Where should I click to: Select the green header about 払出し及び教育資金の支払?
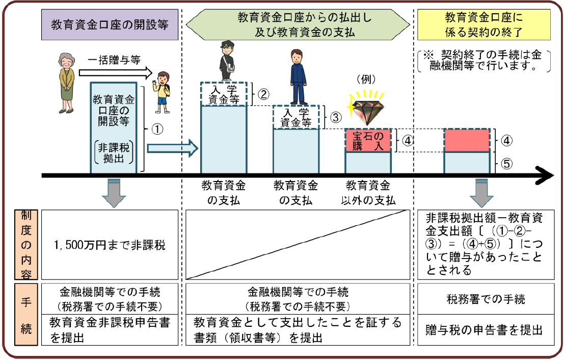point(298,25)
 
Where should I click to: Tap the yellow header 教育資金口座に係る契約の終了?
point(484,25)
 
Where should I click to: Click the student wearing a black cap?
point(225,62)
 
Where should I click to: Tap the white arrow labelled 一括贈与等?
point(120,72)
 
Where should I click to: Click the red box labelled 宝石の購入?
point(368,141)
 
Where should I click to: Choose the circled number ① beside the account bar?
point(157,129)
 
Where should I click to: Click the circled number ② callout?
point(263,94)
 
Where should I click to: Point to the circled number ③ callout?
point(335,117)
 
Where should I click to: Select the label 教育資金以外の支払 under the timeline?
point(368,192)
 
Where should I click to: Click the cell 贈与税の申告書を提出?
point(484,330)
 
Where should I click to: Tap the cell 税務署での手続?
point(484,299)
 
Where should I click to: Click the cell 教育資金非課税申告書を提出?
point(110,330)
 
